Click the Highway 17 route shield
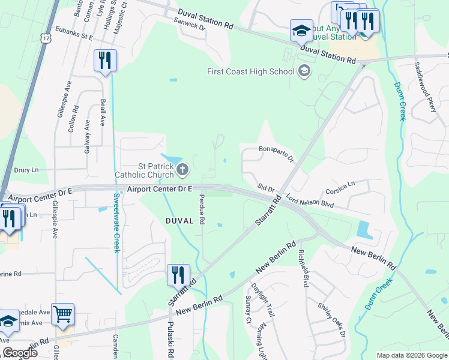point(46,38)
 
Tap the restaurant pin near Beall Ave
point(105,61)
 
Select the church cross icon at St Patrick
point(182,171)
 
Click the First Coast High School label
point(250,71)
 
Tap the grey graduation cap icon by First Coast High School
point(304,71)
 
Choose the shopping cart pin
point(62,313)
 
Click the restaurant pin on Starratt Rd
point(178,275)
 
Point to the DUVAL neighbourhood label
point(179,221)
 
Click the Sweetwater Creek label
point(116,223)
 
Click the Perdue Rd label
point(202,209)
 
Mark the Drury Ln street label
point(26,170)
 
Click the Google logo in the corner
point(20,353)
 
